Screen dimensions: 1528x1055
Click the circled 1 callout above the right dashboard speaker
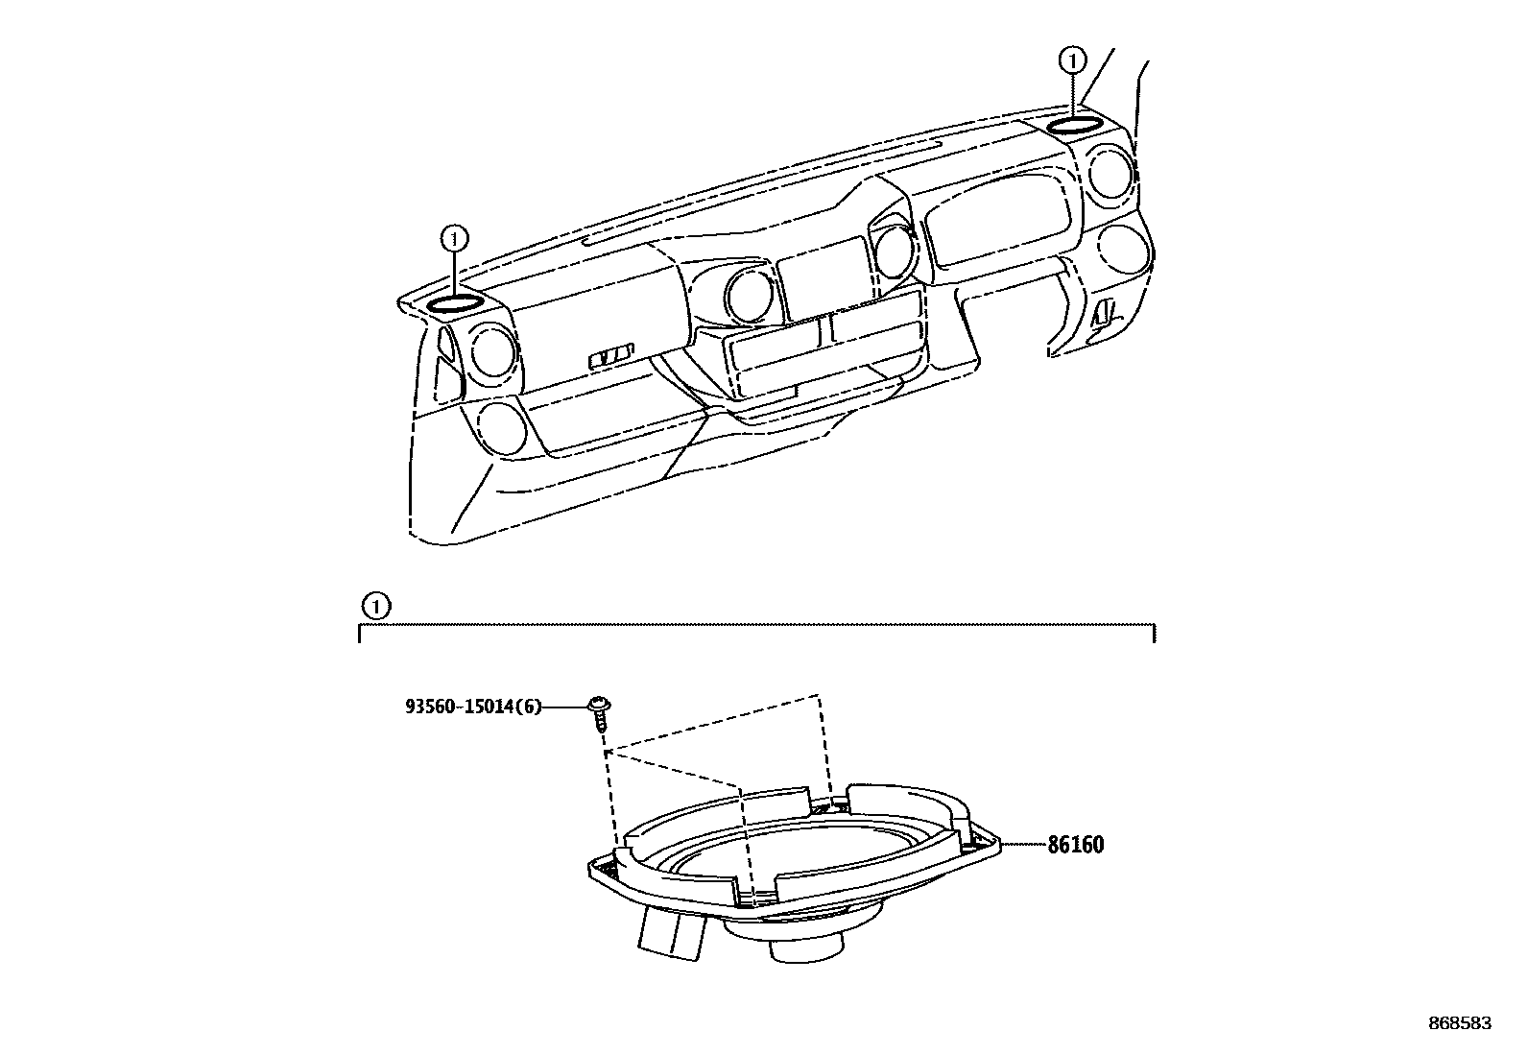(1071, 60)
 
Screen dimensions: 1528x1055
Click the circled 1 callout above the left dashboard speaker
(454, 236)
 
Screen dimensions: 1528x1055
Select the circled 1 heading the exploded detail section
(376, 607)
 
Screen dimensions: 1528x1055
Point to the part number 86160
(1075, 846)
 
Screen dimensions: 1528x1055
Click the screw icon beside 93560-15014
(600, 711)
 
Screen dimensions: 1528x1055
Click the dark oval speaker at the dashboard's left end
(454, 305)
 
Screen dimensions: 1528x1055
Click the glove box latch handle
(611, 357)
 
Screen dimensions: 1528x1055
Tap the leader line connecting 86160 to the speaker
(1023, 845)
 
